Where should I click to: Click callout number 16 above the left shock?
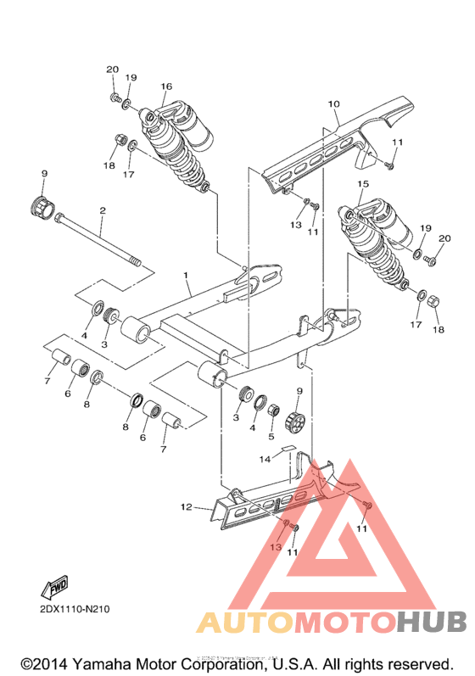coord(166,87)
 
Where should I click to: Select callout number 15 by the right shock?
coord(362,183)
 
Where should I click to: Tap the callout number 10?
coord(333,104)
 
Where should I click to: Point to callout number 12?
coord(187,507)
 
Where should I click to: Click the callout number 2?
coord(102,210)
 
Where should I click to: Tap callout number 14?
coord(265,459)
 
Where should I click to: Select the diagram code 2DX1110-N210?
coord(74,608)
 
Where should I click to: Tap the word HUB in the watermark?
coord(433,623)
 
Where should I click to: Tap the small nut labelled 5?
coord(274,412)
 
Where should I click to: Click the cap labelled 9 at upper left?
coord(42,206)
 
